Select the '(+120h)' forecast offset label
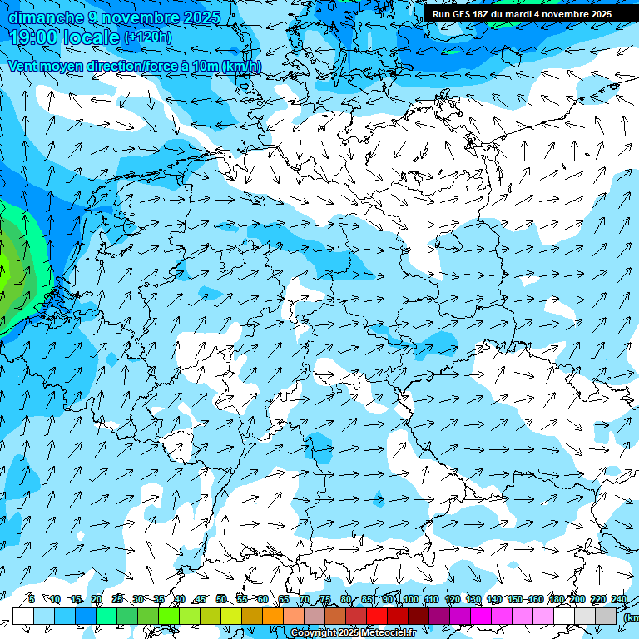click(x=147, y=37)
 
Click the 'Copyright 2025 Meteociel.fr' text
click(x=353, y=633)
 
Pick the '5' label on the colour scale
click(x=31, y=599)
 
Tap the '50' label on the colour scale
click(x=221, y=599)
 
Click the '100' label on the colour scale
click(x=410, y=599)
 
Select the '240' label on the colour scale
click(x=619, y=599)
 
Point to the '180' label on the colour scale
click(x=556, y=599)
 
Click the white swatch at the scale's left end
click(x=23, y=616)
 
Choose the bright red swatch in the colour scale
click(x=377, y=616)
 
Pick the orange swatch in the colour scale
click(x=273, y=616)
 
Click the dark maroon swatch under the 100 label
click(x=419, y=616)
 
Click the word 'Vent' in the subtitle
click(x=22, y=67)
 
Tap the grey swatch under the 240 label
click(x=607, y=616)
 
